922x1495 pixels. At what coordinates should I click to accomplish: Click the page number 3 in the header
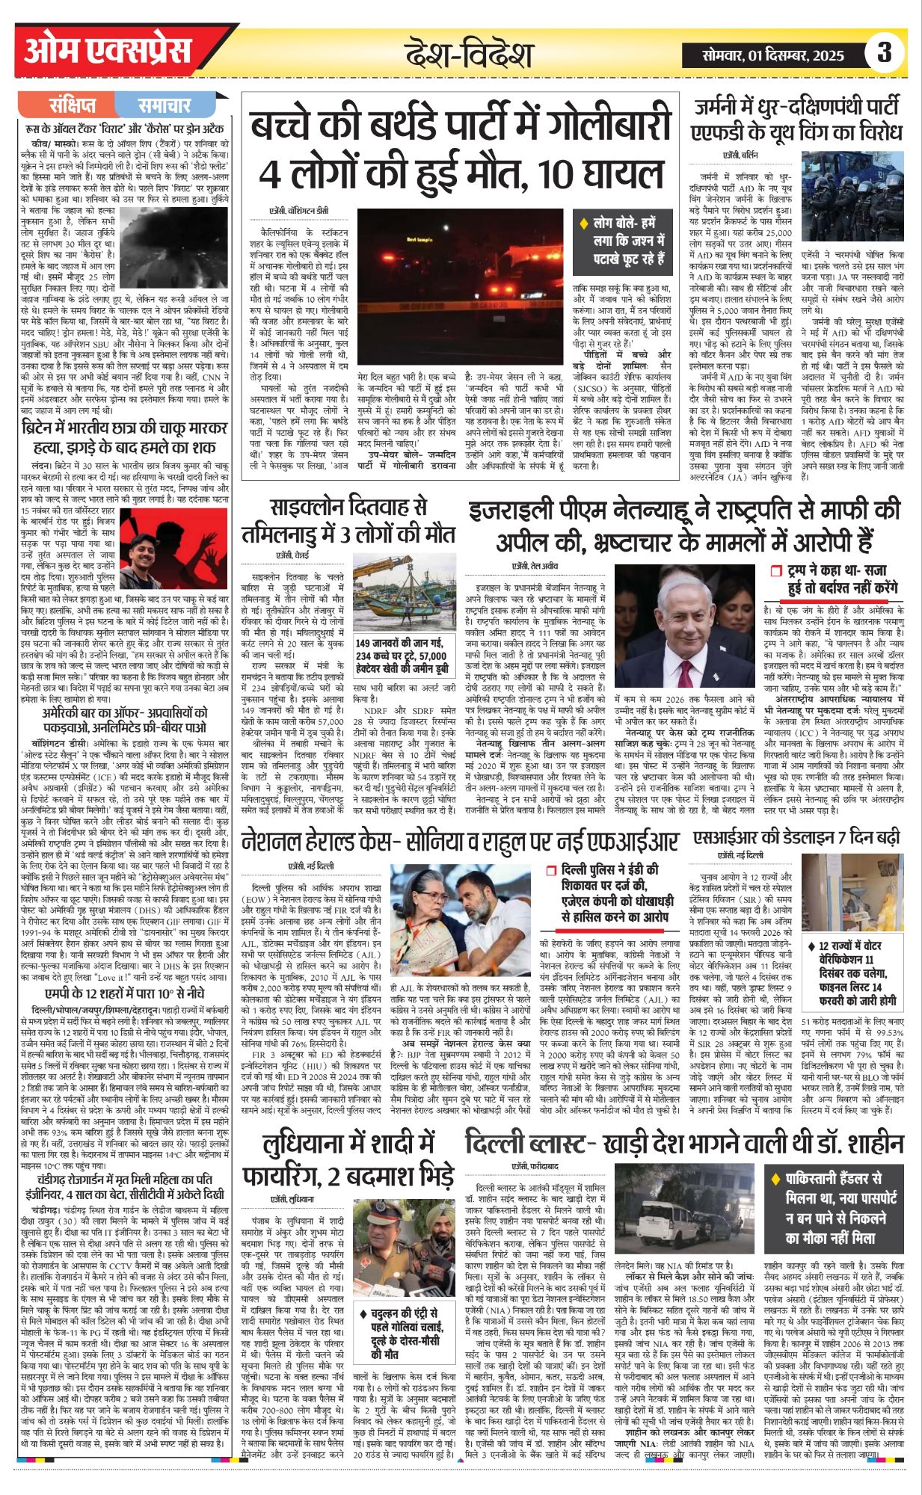[x=885, y=52]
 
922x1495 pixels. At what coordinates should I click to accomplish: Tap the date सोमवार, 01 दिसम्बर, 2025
[x=773, y=55]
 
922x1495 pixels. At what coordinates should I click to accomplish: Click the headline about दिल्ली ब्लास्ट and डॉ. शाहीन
[x=683, y=1144]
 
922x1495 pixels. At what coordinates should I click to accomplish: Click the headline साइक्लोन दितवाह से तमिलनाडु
[x=348, y=521]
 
